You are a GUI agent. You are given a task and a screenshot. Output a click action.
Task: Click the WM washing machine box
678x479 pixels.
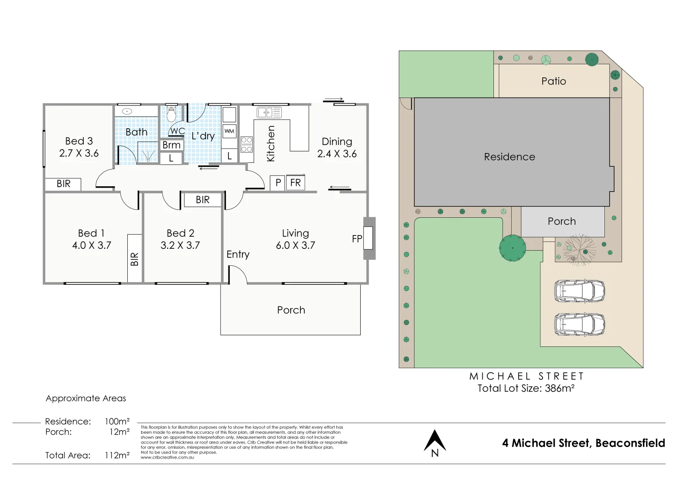[x=229, y=131]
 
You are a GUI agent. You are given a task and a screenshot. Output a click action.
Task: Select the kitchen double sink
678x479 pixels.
[x=269, y=112]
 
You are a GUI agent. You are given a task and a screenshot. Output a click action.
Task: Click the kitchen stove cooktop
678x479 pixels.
[x=247, y=144]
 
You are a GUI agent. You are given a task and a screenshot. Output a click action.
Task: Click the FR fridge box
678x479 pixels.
[x=296, y=183]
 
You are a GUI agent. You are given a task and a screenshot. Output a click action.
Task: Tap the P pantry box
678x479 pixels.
[x=278, y=183]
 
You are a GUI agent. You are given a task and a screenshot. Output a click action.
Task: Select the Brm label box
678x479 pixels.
[x=172, y=145]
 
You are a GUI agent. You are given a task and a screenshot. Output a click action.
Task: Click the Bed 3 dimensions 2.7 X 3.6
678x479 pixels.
[x=79, y=153]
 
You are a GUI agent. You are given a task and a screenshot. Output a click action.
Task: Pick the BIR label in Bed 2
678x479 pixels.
[x=203, y=200]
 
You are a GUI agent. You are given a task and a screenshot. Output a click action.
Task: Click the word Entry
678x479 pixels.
[x=238, y=255]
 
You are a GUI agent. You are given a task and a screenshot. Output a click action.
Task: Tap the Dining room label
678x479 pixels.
[x=337, y=141]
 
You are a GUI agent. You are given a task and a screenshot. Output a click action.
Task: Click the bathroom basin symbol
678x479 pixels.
[x=127, y=111]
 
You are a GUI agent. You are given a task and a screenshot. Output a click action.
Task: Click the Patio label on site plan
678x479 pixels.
[x=553, y=81]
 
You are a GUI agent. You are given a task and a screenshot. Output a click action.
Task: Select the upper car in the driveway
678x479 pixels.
[x=579, y=291]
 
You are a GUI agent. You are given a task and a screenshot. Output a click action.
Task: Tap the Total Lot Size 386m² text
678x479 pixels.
[x=526, y=389]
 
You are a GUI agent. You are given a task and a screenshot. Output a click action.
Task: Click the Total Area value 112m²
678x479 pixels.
[x=117, y=455]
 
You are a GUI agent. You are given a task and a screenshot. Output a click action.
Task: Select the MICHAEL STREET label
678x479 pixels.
[x=526, y=376]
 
